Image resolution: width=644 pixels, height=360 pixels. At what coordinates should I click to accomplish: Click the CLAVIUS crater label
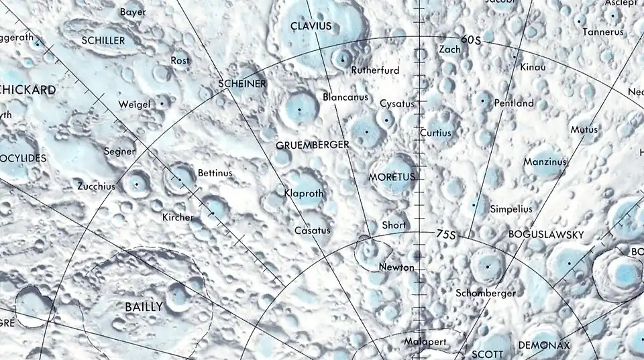[x=311, y=26]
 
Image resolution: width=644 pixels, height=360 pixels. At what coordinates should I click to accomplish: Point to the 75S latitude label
[x=445, y=235]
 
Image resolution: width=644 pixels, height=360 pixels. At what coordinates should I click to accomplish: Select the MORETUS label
[x=392, y=177]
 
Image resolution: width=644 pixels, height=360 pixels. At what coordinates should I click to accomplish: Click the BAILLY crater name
[x=144, y=307]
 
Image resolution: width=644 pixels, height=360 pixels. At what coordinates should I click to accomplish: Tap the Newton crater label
[x=396, y=267]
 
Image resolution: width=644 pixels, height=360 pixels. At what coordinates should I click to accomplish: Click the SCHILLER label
[x=103, y=40]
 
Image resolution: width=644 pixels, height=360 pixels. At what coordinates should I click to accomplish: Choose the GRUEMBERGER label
[x=313, y=145]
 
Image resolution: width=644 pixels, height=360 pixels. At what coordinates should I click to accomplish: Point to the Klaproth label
[x=304, y=193]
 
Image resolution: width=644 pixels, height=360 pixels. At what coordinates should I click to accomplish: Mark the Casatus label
[x=313, y=231]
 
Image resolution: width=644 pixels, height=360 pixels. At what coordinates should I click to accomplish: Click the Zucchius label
[x=96, y=186]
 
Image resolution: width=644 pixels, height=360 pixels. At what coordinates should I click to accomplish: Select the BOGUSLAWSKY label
[x=546, y=235]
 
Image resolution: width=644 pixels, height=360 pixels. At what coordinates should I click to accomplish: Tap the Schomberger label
[x=486, y=293]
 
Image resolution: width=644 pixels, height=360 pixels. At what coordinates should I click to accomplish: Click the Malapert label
[x=425, y=342]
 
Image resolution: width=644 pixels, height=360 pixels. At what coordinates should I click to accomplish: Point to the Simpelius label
[x=511, y=209]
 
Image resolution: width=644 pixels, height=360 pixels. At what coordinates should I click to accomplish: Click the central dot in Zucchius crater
[x=137, y=183]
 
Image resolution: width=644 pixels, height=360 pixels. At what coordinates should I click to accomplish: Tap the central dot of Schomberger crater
[x=488, y=265]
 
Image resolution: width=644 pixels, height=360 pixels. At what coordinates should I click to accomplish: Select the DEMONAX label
[x=544, y=346]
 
